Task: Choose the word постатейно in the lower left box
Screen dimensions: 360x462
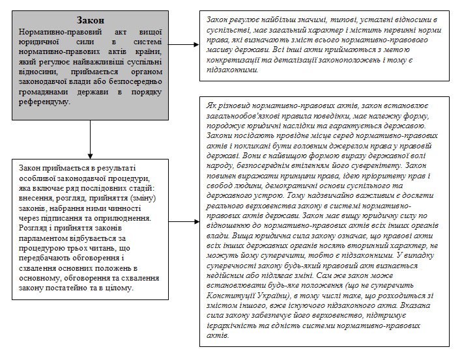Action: pos(63,287)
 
